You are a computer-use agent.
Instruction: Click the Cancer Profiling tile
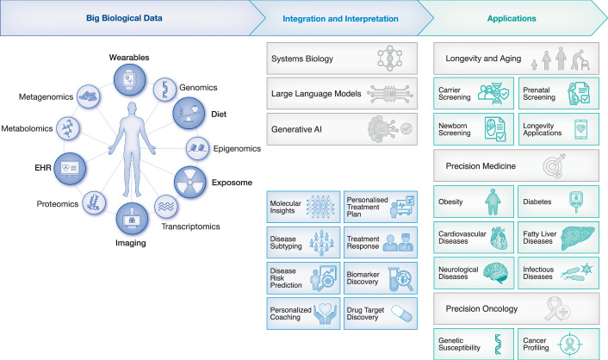coord(555,342)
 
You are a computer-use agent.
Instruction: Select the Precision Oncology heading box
coord(515,308)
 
